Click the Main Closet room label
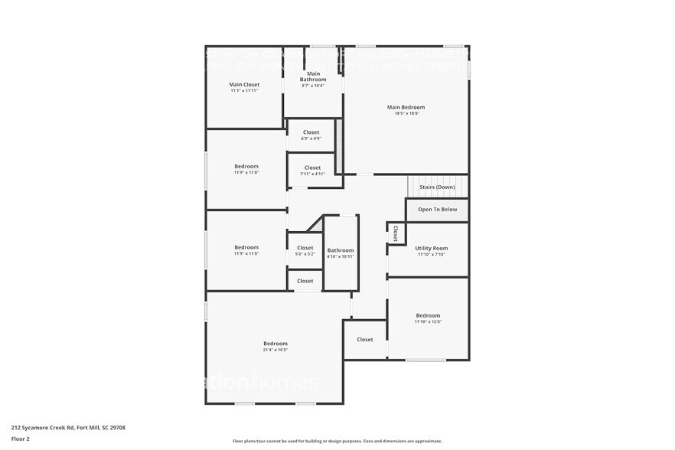click(244, 84)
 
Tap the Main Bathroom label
click(312, 76)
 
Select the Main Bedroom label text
click(406, 107)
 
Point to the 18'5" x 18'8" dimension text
click(406, 114)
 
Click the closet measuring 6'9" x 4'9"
click(311, 135)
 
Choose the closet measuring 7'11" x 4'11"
click(312, 170)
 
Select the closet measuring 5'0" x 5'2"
click(305, 250)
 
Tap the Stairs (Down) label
click(437, 187)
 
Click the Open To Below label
click(437, 209)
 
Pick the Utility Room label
click(431, 248)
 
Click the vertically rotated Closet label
click(395, 233)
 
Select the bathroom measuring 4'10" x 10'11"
click(341, 253)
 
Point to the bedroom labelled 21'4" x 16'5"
click(276, 346)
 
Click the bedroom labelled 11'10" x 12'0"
click(428, 318)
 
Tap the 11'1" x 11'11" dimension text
click(244, 90)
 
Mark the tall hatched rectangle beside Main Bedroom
click(340, 146)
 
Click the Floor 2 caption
click(21, 439)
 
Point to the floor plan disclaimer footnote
click(337, 441)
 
